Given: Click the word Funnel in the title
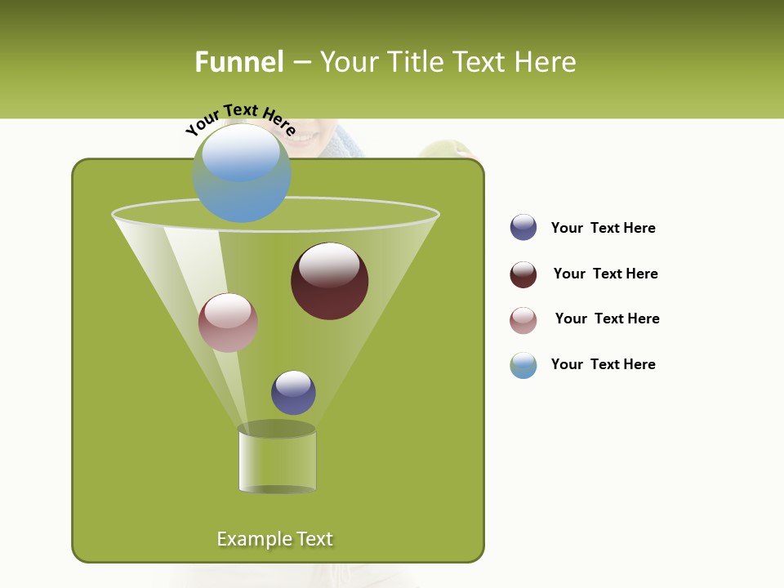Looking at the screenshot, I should point(238,62).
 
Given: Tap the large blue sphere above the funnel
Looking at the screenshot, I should point(241,173).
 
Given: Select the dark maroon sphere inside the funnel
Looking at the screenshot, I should point(329,282).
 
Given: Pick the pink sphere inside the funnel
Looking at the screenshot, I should point(228,323).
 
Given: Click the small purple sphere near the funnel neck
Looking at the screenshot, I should point(293,393).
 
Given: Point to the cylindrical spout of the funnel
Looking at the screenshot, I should point(277,461).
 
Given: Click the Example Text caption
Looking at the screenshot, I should point(274,539).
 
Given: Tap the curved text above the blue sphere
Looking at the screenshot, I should point(240,118).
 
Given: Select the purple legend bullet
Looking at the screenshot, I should point(523,227).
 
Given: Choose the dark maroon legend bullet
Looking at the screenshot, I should point(523,274).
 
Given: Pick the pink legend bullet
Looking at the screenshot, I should point(523,320).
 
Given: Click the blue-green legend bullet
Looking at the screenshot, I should point(523,365).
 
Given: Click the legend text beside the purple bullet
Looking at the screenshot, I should point(603,228).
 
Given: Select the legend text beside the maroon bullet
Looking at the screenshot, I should point(605,274).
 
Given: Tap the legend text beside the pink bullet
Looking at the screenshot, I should point(607,318).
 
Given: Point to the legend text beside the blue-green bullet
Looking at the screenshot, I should point(603,364).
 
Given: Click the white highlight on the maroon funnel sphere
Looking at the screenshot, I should point(329,265).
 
